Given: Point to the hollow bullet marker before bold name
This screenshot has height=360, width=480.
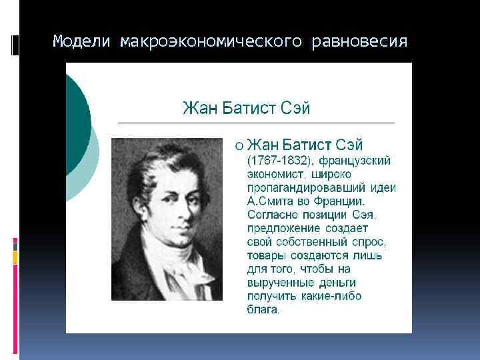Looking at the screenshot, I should [239, 145].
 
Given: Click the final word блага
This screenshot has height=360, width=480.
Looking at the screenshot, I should [264, 310].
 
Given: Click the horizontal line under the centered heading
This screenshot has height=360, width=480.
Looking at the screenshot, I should [256, 123].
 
